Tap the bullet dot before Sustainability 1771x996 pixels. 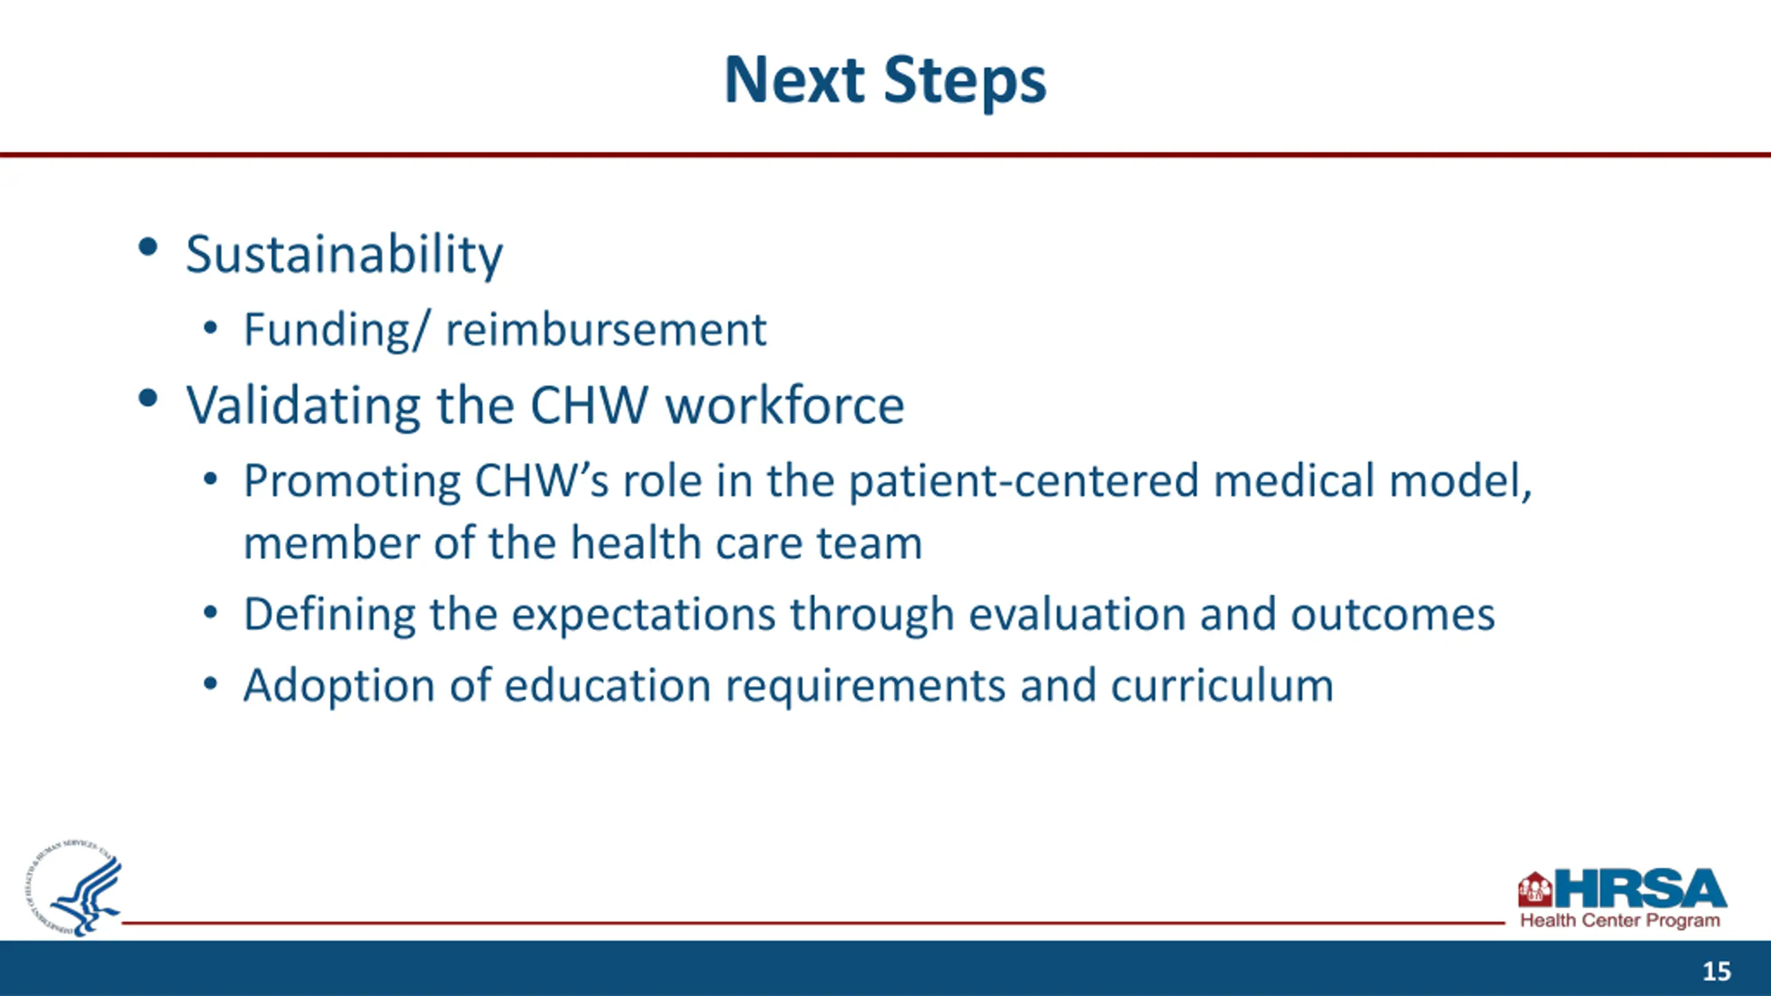click(148, 248)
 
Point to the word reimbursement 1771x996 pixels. click(606, 329)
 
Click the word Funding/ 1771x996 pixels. click(337, 331)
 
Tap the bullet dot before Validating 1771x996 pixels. click(148, 398)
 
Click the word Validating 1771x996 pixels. click(303, 407)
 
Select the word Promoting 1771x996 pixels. click(352, 482)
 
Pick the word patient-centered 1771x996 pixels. click(1024, 481)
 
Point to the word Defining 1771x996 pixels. click(329, 615)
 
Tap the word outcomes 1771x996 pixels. click(1393, 615)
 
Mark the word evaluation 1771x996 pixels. click(1076, 614)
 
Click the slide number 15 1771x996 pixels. click(1716, 971)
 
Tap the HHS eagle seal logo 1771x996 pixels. click(75, 888)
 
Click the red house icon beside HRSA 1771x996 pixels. click(1535, 889)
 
